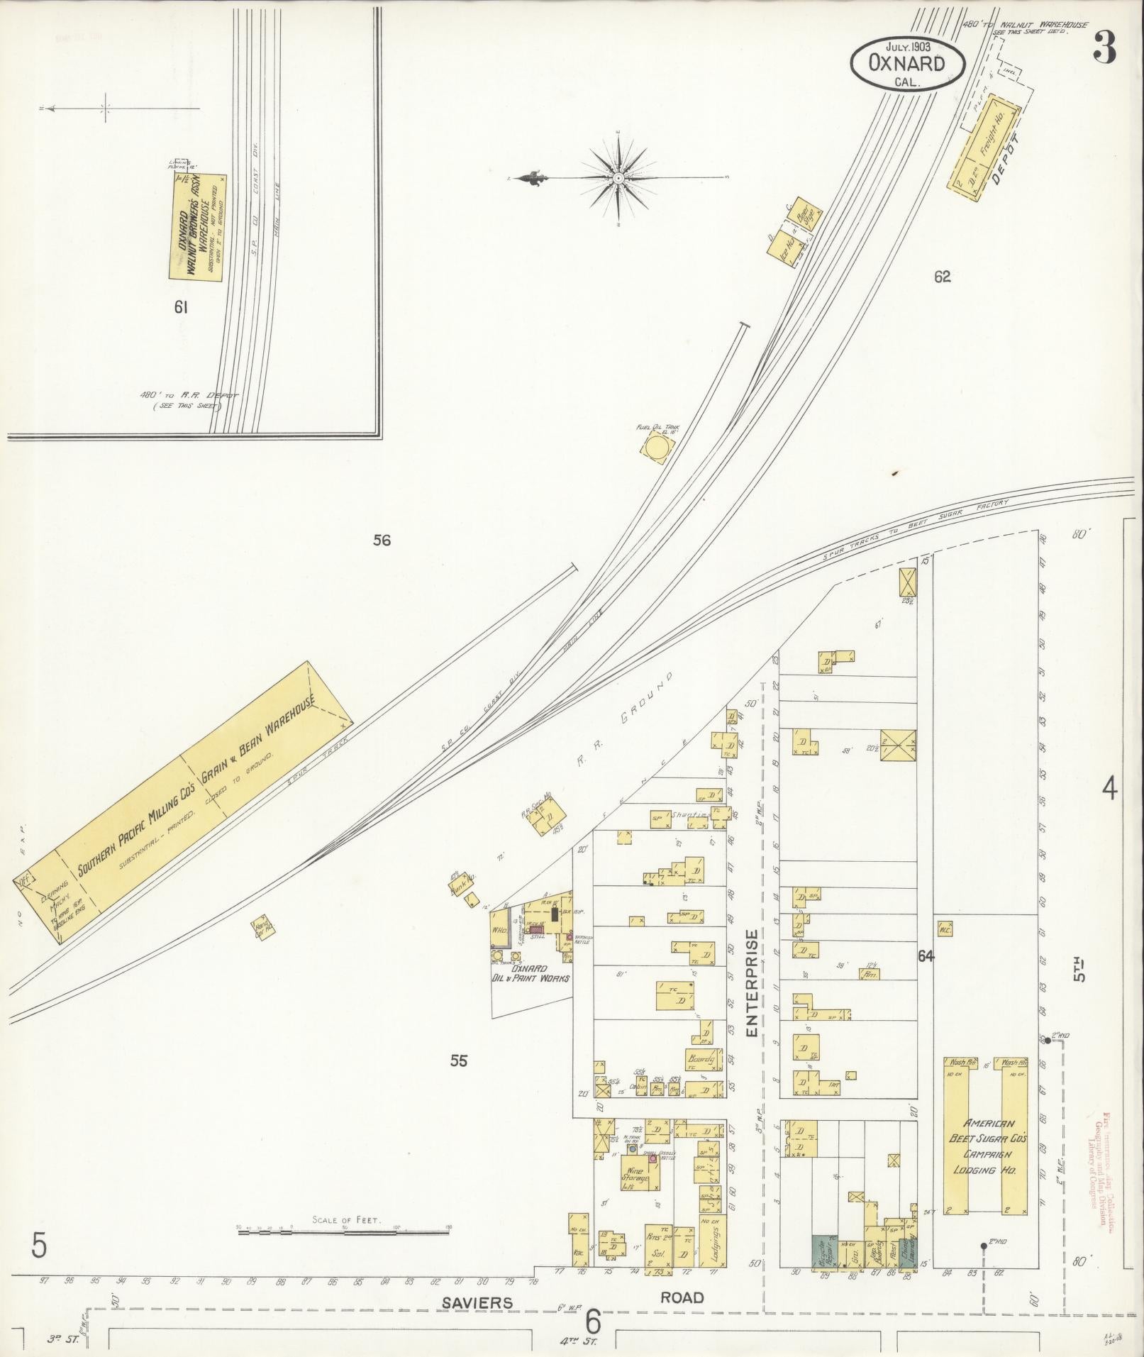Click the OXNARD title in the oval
click(907, 63)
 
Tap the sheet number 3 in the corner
click(1104, 49)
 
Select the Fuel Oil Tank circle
click(655, 448)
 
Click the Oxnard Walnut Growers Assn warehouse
click(198, 226)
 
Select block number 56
click(382, 541)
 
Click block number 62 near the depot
click(942, 277)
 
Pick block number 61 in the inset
click(182, 307)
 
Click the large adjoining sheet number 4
click(1110, 789)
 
